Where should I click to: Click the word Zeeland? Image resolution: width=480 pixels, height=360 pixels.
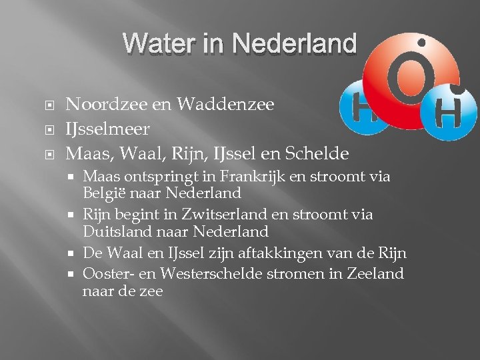coord(377,274)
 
